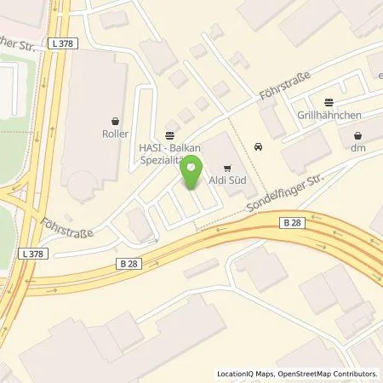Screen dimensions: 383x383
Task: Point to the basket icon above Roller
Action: point(115,120)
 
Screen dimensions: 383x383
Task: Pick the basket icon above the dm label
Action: point(357,134)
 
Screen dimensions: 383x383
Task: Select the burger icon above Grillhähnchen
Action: point(330,100)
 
